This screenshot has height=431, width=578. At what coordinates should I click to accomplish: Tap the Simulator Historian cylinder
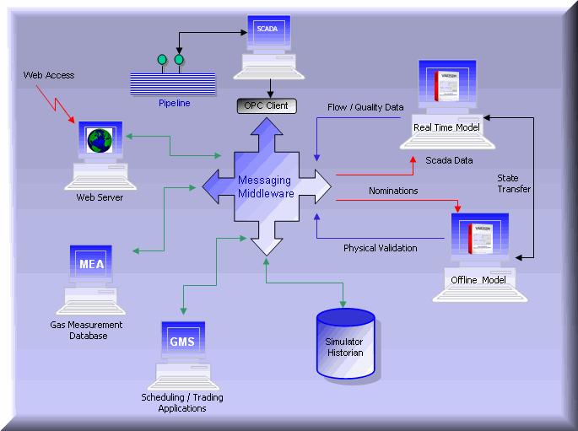344,346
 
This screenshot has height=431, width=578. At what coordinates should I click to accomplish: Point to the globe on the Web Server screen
100,141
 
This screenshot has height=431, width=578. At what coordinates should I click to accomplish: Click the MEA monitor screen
91,264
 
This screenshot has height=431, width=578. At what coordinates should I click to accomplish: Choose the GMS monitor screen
182,342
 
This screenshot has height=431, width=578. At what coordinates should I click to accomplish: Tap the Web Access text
48,75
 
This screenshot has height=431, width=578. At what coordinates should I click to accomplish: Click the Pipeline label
175,104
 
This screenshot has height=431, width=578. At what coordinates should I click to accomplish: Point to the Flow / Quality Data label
365,107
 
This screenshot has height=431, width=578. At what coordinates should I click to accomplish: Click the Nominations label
393,191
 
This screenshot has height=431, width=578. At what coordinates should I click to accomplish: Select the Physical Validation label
380,248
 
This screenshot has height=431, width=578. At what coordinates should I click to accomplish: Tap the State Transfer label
514,183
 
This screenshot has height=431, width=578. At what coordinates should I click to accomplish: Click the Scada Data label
448,160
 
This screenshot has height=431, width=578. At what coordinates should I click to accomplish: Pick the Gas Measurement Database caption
86,330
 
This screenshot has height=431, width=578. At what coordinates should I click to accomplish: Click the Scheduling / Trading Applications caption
182,402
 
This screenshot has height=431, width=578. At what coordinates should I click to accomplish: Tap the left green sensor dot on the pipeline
162,60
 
